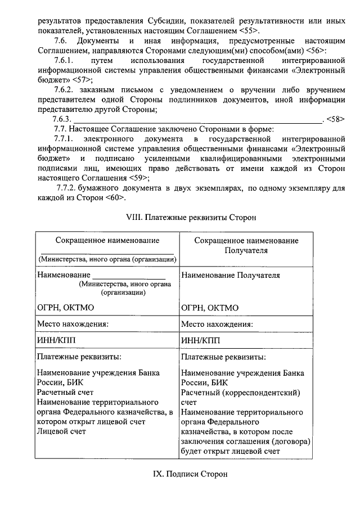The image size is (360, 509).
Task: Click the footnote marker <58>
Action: click(x=335, y=120)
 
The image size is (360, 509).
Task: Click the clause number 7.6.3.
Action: click(x=61, y=120)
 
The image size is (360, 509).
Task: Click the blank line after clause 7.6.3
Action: click(x=197, y=120)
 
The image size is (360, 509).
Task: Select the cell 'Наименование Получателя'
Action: click(x=231, y=276)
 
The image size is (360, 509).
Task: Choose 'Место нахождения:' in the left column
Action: click(x=73, y=325)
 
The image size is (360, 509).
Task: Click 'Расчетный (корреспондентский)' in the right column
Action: click(x=241, y=392)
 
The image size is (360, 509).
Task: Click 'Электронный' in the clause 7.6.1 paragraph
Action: click(x=316, y=71)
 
